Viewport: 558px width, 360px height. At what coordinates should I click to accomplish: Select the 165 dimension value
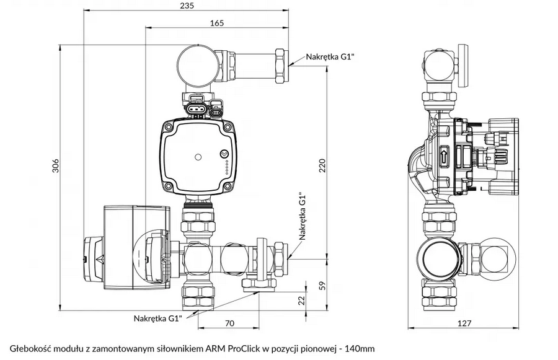[x=216, y=23]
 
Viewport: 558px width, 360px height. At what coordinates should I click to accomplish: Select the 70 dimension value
[x=229, y=323]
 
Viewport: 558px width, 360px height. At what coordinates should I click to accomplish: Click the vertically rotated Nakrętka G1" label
[x=303, y=216]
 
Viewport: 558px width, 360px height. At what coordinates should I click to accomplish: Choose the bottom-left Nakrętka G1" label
[x=157, y=318]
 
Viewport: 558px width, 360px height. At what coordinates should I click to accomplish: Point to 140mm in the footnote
[x=360, y=348]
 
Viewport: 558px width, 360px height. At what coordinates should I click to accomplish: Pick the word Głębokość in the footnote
[x=30, y=348]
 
